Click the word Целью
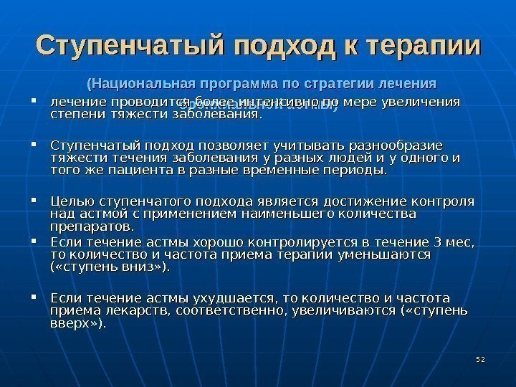click(x=70, y=201)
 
